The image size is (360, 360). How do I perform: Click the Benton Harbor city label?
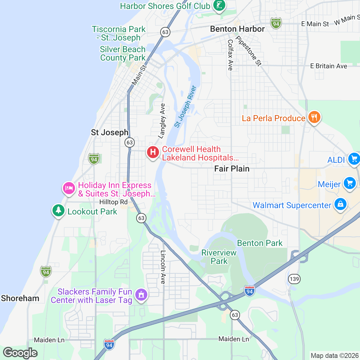(237, 29)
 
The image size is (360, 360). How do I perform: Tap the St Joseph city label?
(109, 132)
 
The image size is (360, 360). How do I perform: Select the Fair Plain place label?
(232, 169)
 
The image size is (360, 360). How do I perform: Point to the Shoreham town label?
(20, 298)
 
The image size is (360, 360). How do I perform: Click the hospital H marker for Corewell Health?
(153, 152)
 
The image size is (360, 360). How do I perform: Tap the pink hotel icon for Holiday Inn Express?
(69, 188)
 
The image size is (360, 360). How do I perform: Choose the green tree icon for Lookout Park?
(58, 210)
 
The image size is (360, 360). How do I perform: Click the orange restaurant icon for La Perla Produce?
(314, 117)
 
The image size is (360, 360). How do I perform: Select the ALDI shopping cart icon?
(354, 158)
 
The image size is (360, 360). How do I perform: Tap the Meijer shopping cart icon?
(349, 183)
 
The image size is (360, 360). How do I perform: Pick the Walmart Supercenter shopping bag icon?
(340, 204)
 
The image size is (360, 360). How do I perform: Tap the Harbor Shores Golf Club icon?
(219, 5)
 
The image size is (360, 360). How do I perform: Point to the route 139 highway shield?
(294, 279)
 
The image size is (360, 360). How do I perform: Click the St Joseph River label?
(185, 107)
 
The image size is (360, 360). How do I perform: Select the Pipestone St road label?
(249, 51)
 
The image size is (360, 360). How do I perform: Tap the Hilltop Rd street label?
(113, 202)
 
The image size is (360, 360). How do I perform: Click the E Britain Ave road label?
(328, 66)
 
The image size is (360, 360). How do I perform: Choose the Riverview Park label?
(219, 257)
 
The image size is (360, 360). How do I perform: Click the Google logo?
(20, 353)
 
